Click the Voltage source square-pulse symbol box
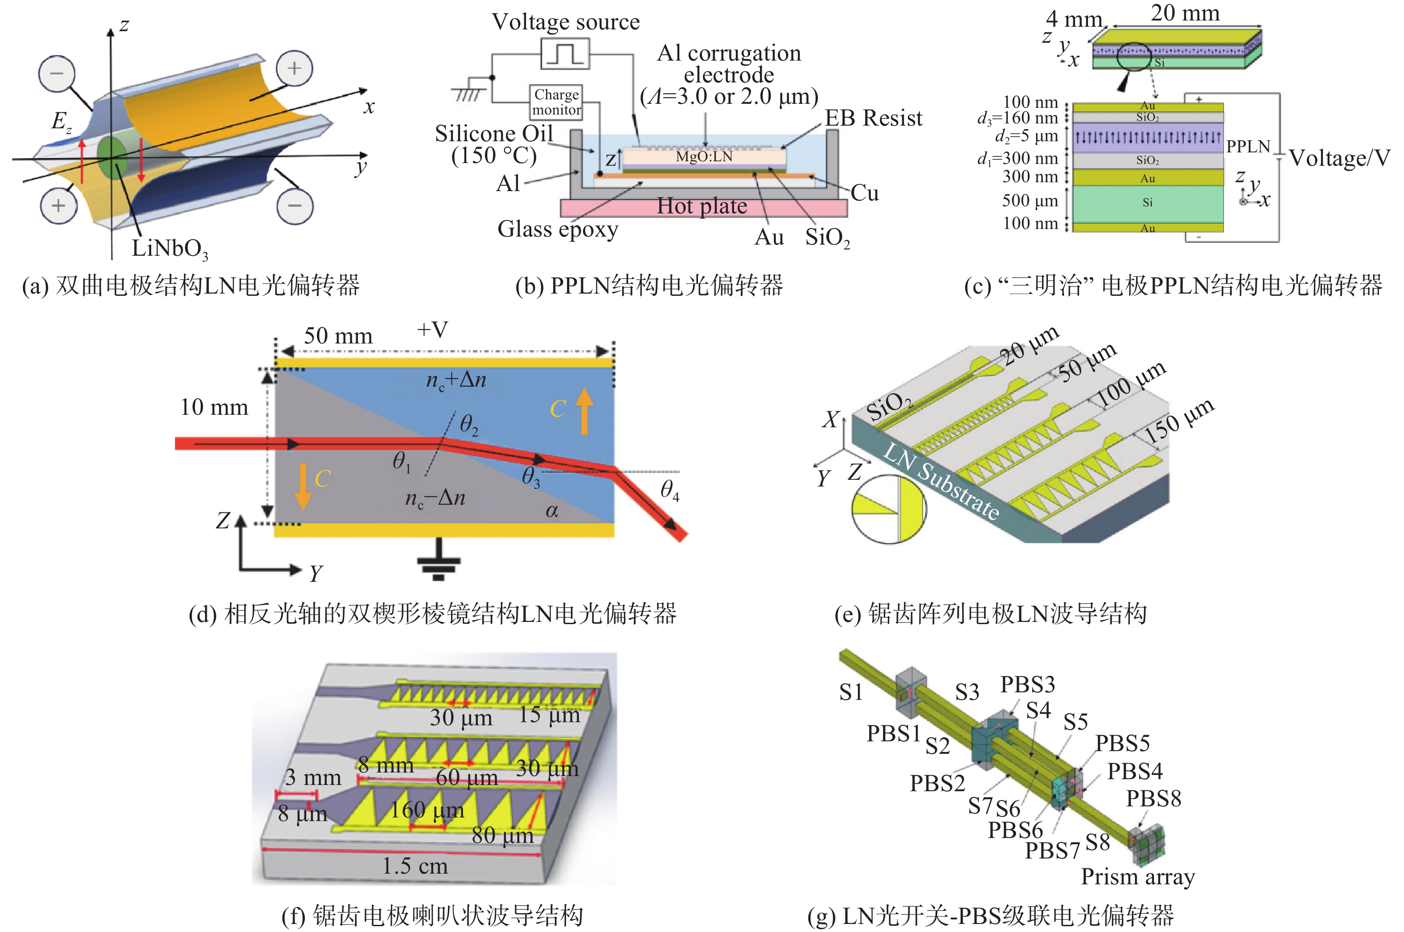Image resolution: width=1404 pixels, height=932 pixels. [564, 53]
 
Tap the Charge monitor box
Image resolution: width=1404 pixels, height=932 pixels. [556, 102]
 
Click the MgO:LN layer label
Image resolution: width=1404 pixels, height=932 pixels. [704, 156]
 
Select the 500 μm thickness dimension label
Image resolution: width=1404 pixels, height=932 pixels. [1030, 200]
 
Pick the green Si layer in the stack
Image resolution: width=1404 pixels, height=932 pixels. [1147, 202]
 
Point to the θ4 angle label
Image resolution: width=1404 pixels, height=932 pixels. [669, 491]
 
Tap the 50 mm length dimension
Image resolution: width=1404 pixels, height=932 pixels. [338, 336]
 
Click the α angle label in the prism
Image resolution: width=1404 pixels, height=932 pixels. [551, 511]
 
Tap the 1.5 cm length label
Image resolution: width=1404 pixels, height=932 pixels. [415, 866]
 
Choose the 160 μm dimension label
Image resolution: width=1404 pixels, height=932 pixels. [427, 810]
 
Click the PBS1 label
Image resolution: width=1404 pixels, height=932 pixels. [893, 733]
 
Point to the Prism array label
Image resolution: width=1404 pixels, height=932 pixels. [1137, 877]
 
